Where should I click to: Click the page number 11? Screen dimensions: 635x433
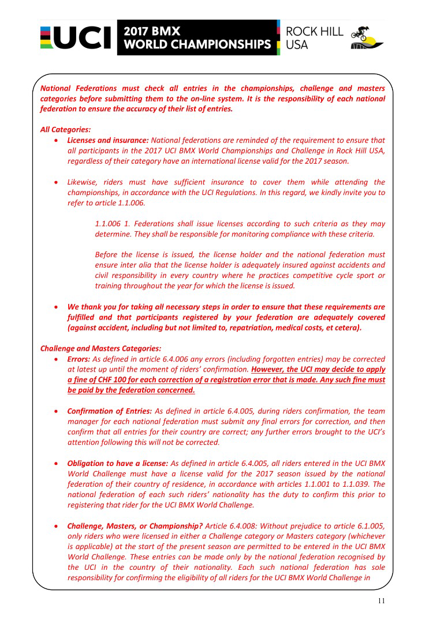pos(382,601)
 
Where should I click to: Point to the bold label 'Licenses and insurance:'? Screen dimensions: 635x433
pos(108,140)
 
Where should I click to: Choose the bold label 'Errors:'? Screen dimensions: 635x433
pos(79,359)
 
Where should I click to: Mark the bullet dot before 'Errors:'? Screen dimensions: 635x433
pos(55,359)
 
